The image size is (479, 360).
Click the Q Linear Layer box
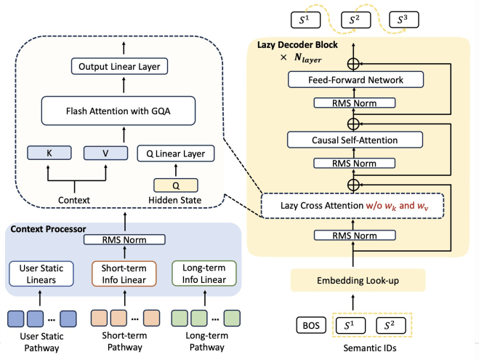[x=176, y=153]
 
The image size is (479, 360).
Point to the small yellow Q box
[x=175, y=186]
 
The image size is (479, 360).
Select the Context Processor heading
[x=49, y=230]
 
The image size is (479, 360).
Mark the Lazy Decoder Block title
[x=287, y=45]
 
